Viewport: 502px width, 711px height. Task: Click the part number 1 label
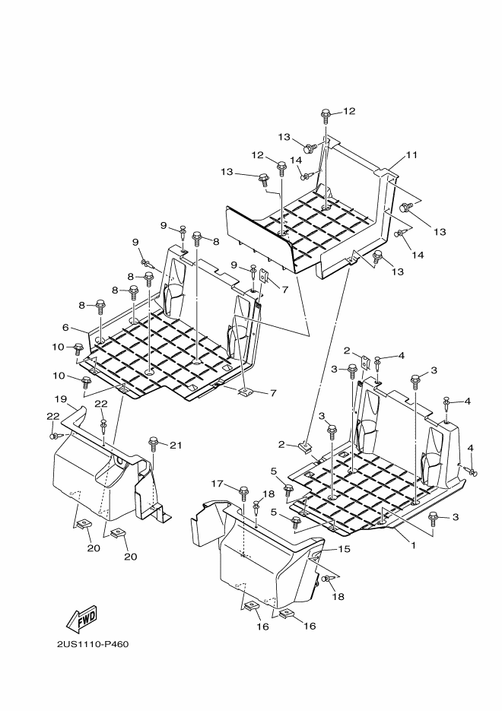[x=413, y=545]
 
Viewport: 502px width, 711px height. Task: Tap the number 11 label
[x=411, y=154]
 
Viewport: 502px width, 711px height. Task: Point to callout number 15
[x=345, y=549]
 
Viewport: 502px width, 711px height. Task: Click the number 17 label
[x=218, y=484]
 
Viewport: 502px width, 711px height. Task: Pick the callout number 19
[x=61, y=399]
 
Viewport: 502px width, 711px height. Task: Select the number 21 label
[x=176, y=446]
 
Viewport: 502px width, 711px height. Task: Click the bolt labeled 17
[x=243, y=492]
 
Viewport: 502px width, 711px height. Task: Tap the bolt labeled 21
[x=154, y=443]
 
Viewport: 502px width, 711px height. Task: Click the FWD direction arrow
[x=82, y=620]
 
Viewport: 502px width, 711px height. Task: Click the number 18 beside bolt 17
[x=268, y=494]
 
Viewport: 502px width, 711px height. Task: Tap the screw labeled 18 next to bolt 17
[x=256, y=506]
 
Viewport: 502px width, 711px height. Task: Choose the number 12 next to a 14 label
[x=258, y=155]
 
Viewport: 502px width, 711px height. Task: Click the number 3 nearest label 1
[x=456, y=517]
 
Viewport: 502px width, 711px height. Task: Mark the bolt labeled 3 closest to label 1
[x=433, y=519]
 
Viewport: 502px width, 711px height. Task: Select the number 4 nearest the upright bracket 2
[x=401, y=356]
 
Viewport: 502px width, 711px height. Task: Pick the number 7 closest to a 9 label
[x=284, y=289]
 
